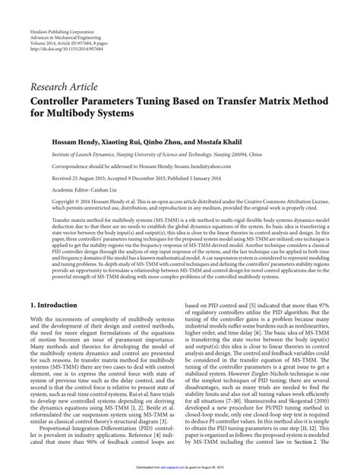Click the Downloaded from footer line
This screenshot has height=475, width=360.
pos(180,469)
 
